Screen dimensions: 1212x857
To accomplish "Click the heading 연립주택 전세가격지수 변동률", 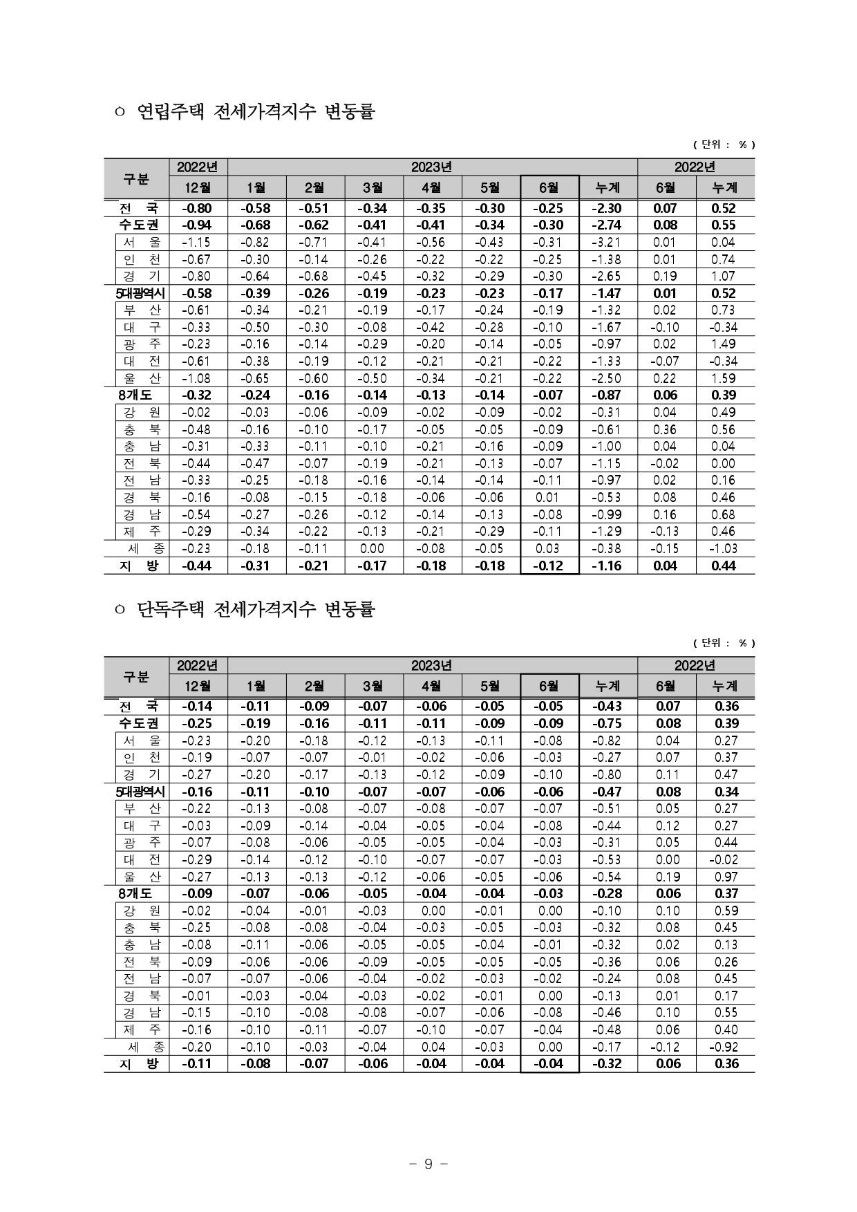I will point(256,111).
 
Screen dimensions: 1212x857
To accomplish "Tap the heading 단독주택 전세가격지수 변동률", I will point(256,609).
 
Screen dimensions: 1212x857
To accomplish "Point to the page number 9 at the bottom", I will point(428,1164).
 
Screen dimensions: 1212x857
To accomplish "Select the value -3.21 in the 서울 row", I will point(608,242).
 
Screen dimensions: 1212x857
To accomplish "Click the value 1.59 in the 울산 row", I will point(724,378).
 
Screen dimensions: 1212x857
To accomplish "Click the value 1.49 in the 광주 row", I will point(724,344).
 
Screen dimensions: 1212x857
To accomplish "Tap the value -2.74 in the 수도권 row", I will point(608,225).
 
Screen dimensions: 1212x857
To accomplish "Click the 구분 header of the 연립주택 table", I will point(136,178).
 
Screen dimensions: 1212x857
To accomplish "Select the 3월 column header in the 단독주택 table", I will point(373,686).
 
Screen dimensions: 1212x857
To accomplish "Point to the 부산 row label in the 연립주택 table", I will point(142,310).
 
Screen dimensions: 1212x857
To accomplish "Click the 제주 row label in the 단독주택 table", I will point(142,1029).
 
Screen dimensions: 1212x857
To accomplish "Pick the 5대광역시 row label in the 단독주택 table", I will point(140,792).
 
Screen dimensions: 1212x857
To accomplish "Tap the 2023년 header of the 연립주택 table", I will point(431,167).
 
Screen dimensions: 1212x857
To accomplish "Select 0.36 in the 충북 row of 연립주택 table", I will point(666,429).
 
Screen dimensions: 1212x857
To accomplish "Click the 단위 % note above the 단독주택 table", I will point(724,643).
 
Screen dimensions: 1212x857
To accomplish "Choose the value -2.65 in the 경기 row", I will point(608,277).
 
